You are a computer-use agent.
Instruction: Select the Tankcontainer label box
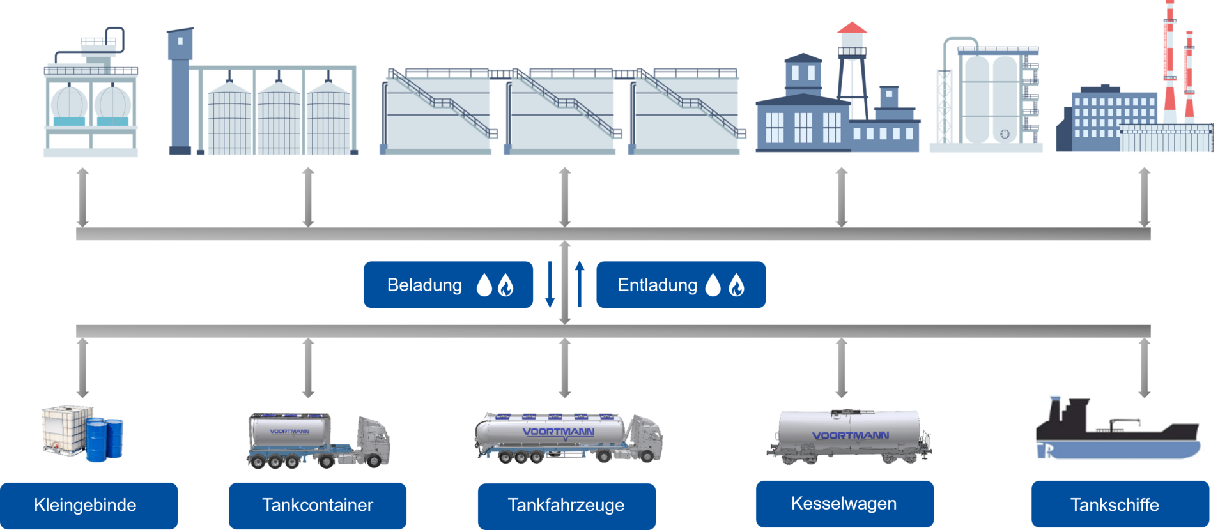click(317, 505)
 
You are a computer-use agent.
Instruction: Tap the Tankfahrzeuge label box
click(566, 505)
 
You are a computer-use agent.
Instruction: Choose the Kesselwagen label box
click(844, 503)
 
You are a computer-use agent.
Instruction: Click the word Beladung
click(424, 285)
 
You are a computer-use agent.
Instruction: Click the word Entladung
click(657, 285)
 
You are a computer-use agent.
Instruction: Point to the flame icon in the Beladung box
click(505, 285)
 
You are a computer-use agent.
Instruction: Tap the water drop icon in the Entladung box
click(713, 285)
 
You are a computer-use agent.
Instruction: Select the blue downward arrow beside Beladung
click(550, 285)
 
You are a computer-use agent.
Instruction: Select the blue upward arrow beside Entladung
click(580, 284)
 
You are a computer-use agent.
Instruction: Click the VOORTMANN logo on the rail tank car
click(850, 435)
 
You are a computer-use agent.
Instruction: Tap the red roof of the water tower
click(852, 27)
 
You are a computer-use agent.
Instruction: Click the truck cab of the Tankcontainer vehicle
click(374, 441)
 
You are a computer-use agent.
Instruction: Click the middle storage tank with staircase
click(562, 112)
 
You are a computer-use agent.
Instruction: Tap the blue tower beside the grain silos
click(180, 89)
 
